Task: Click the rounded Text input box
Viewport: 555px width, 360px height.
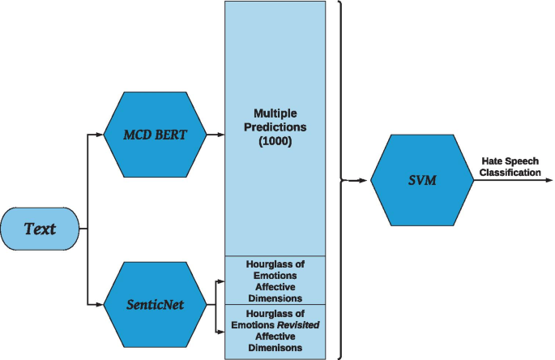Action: tap(40, 229)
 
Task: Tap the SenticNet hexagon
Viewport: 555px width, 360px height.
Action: tap(154, 306)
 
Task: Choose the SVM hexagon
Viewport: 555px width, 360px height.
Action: tap(421, 180)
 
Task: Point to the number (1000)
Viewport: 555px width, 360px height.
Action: tap(275, 140)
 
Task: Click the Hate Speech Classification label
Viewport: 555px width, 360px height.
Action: tap(510, 167)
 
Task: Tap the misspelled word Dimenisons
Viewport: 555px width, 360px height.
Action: tap(275, 347)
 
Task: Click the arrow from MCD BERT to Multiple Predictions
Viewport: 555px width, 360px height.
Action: tap(215, 135)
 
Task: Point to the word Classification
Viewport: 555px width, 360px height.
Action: tap(510, 173)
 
